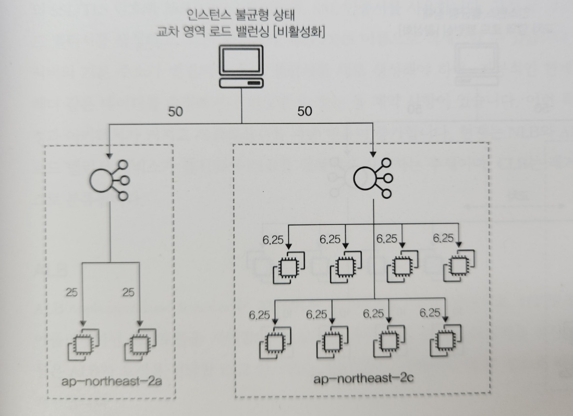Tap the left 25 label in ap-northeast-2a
72,293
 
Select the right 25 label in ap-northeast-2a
128,293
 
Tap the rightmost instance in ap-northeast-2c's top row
459,266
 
